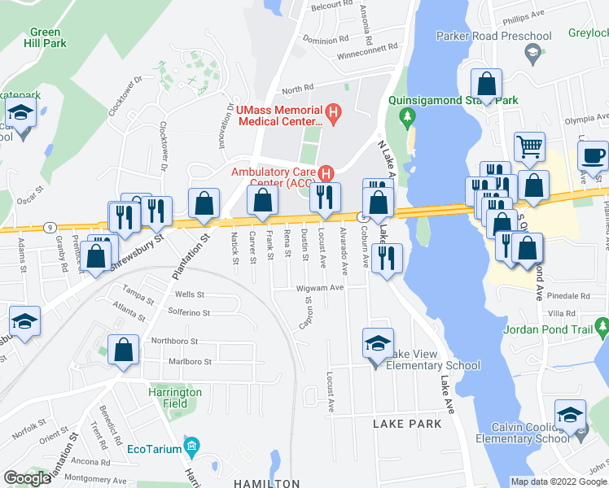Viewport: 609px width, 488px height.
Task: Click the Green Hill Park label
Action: pyautogui.click(x=46, y=37)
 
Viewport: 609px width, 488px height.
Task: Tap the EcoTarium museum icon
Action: pyautogui.click(x=191, y=446)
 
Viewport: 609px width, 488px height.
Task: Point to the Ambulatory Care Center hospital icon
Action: pyautogui.click(x=326, y=172)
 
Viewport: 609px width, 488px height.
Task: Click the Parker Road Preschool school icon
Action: pyautogui.click(x=533, y=53)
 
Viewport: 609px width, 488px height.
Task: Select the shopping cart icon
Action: pyautogui.click(x=529, y=146)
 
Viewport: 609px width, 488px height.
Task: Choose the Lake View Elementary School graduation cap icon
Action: pyautogui.click(x=377, y=342)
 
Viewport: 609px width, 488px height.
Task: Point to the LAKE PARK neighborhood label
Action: pyautogui.click(x=407, y=424)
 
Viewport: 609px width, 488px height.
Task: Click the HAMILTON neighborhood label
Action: pyautogui.click(x=267, y=483)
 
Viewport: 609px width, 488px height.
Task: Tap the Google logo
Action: pyautogui.click(x=28, y=478)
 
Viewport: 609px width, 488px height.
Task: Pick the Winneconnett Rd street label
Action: pyautogui.click(x=371, y=56)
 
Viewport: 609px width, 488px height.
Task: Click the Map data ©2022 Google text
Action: pyautogui.click(x=559, y=481)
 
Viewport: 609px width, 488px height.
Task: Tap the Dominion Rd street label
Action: pyautogui.click(x=325, y=38)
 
